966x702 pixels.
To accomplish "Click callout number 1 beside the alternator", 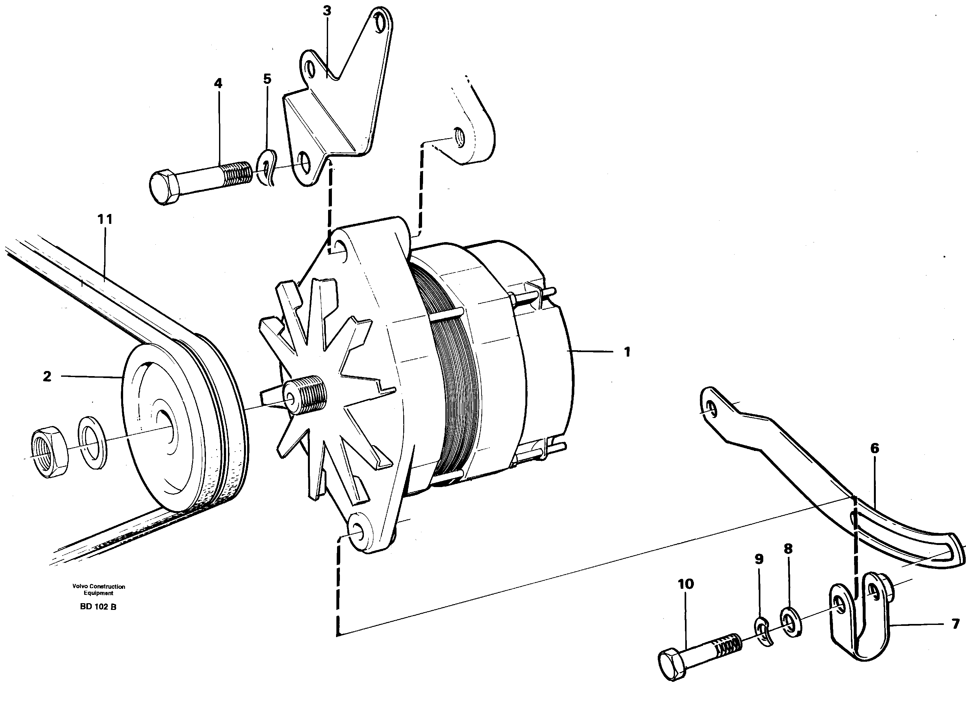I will click(626, 352).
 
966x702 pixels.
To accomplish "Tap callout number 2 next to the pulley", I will click(47, 376).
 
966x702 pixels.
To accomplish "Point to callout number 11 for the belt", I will click(105, 219).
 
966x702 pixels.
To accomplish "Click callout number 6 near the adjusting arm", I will click(875, 448).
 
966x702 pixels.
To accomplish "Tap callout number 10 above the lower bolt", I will click(686, 584).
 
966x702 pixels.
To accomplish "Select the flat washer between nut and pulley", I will click(92, 444).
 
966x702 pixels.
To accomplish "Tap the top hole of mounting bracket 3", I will click(378, 22).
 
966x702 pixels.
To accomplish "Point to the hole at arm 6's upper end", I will click(711, 409).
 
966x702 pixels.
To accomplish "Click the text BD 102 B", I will click(98, 607).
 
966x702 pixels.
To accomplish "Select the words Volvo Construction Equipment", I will click(98, 589).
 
